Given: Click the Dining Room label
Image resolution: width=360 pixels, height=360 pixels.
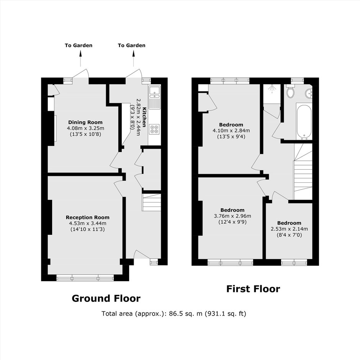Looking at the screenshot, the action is coord(85,122).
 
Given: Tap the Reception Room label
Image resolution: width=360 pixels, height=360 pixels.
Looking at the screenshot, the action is coord(87,217).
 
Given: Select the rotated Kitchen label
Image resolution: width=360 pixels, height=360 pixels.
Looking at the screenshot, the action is coord(144,117).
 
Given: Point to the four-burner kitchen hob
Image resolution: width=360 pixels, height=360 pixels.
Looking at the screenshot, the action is coord(154,129).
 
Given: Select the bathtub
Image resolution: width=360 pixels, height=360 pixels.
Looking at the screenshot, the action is coord(304,122).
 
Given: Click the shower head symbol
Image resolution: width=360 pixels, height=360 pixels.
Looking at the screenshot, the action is coord(272,88).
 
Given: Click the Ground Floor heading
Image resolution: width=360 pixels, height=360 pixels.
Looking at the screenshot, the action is coord(106,298).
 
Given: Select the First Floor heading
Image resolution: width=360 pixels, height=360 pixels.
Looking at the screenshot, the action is coord(253,289).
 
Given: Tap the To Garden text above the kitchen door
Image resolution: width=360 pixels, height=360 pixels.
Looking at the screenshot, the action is coord(132,45).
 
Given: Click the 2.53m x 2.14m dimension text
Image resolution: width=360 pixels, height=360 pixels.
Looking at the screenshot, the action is coord(289,229).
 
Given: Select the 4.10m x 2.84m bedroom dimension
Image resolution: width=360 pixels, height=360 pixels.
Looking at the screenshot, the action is coord(231,131).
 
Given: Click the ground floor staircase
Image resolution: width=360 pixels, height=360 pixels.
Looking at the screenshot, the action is coord(152,202).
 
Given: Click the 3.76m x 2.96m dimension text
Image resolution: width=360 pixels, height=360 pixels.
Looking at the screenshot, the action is coord(232,216).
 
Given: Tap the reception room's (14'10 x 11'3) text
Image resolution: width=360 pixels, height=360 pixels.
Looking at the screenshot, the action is coord(87,229).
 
